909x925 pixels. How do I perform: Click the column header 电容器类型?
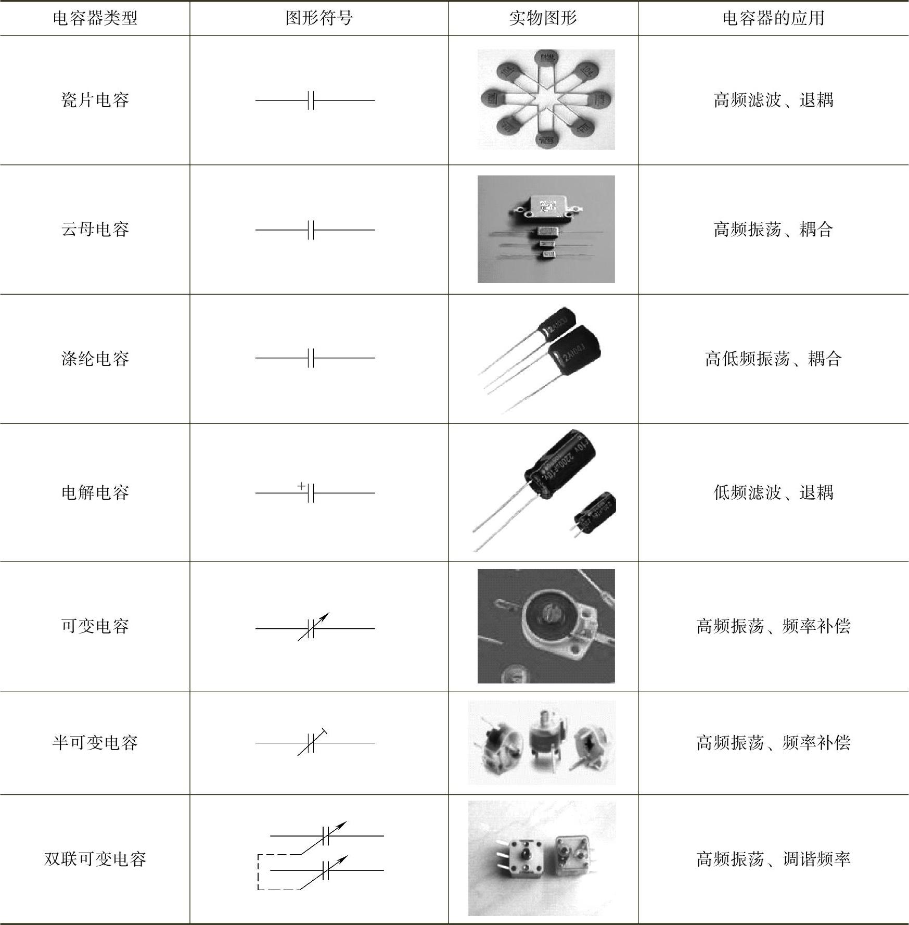point(95,18)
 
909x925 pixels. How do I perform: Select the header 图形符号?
point(319,18)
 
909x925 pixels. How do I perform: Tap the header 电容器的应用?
point(773,18)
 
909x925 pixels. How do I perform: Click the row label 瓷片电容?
point(95,100)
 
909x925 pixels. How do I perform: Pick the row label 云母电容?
point(95,229)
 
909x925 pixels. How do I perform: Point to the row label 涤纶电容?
point(95,359)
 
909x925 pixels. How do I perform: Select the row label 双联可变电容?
point(95,859)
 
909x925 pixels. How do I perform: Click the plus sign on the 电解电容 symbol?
point(301,486)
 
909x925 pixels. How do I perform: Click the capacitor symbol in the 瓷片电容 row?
point(315,100)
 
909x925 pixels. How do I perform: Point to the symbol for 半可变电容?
point(315,742)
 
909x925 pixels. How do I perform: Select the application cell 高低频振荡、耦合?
point(773,359)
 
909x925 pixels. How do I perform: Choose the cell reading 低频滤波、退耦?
point(773,492)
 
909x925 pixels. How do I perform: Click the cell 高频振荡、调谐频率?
point(773,859)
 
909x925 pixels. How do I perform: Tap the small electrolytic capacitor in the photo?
point(595,513)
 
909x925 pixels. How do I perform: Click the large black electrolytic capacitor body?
point(559,461)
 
